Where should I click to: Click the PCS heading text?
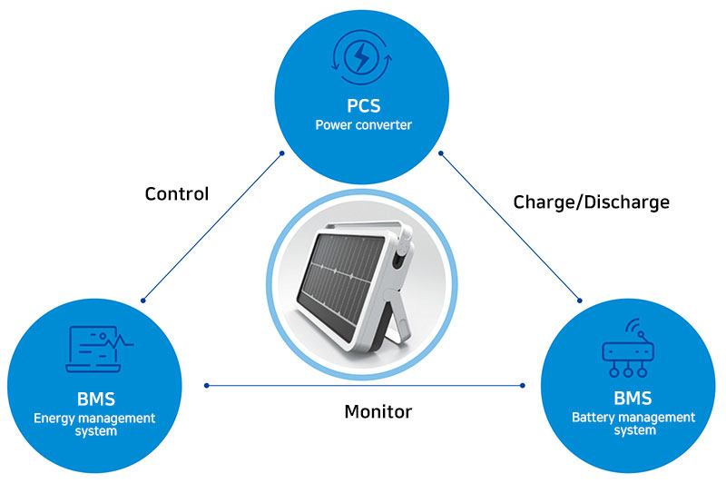363,105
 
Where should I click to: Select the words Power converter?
363,125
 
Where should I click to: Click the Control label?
177,193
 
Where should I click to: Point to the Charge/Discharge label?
591,202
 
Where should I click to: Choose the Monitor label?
378,411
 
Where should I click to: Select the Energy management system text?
94,424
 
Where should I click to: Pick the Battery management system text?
633,424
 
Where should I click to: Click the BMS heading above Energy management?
94,399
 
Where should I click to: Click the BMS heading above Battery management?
633,399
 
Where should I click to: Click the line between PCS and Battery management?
511,226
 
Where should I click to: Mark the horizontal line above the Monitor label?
363,386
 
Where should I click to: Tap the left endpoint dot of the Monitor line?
207,386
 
